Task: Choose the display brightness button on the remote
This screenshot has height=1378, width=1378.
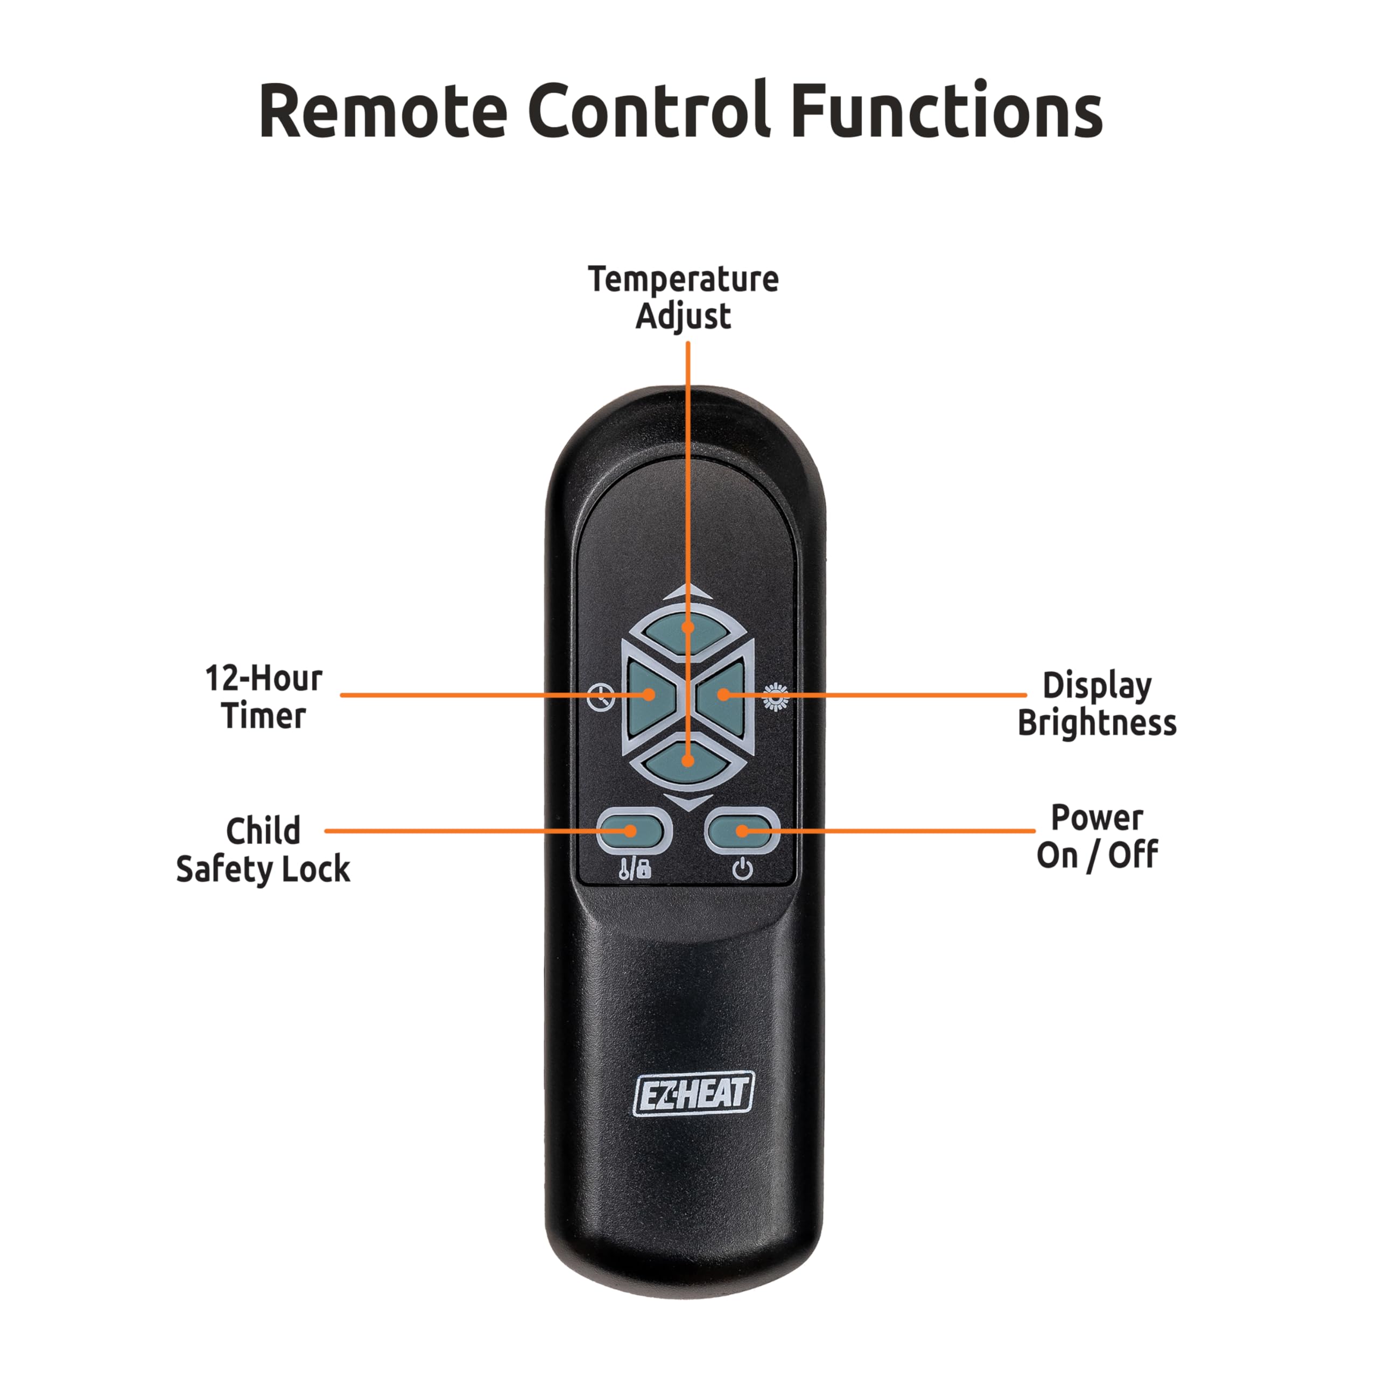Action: point(722,695)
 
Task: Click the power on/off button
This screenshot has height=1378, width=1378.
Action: point(742,830)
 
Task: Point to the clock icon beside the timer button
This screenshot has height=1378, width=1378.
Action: point(601,697)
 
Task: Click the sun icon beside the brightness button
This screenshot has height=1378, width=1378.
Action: point(775,697)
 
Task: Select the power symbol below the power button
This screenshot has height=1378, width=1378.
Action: point(742,869)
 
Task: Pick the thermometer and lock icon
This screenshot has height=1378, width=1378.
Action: point(634,869)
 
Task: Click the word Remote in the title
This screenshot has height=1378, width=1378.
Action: point(383,112)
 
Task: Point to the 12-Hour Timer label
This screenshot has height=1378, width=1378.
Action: point(263,697)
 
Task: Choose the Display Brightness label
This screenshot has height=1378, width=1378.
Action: point(1096,704)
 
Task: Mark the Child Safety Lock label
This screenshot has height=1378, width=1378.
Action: point(263,849)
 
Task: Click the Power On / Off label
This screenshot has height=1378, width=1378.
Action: point(1096,836)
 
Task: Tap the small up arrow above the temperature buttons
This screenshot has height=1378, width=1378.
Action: point(687,591)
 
